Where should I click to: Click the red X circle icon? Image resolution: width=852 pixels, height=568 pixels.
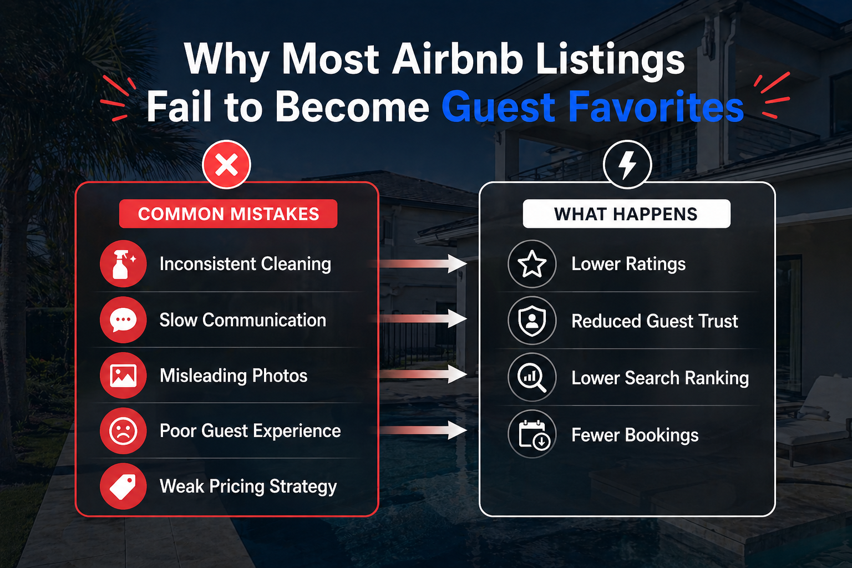coord(226,165)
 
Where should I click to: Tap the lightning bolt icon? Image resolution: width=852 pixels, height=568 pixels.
coord(627,165)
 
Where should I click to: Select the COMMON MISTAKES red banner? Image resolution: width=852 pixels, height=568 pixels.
coord(228,214)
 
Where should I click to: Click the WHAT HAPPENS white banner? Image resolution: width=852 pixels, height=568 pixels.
coord(626,214)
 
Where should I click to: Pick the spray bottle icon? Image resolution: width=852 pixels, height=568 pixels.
coord(123,263)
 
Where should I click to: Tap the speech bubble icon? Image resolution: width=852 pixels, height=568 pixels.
coord(123,320)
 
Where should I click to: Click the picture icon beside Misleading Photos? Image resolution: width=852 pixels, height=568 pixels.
coord(123,376)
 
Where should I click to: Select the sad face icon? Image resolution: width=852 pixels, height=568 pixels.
coord(123,430)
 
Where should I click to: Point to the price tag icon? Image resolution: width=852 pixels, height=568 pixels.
coord(123,486)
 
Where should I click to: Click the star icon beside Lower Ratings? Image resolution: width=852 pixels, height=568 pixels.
coord(532,263)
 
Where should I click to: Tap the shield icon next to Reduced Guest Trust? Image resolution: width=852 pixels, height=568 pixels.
coord(532,321)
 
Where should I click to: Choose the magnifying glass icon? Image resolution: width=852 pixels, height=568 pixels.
coord(532,377)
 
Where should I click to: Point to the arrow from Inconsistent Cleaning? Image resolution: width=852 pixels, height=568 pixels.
coord(418,263)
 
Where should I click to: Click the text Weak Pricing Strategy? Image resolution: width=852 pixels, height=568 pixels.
coord(248,486)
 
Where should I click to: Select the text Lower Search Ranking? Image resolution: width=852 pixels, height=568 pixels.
coord(660,378)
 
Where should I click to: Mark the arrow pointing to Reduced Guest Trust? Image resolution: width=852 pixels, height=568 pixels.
coord(418,318)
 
